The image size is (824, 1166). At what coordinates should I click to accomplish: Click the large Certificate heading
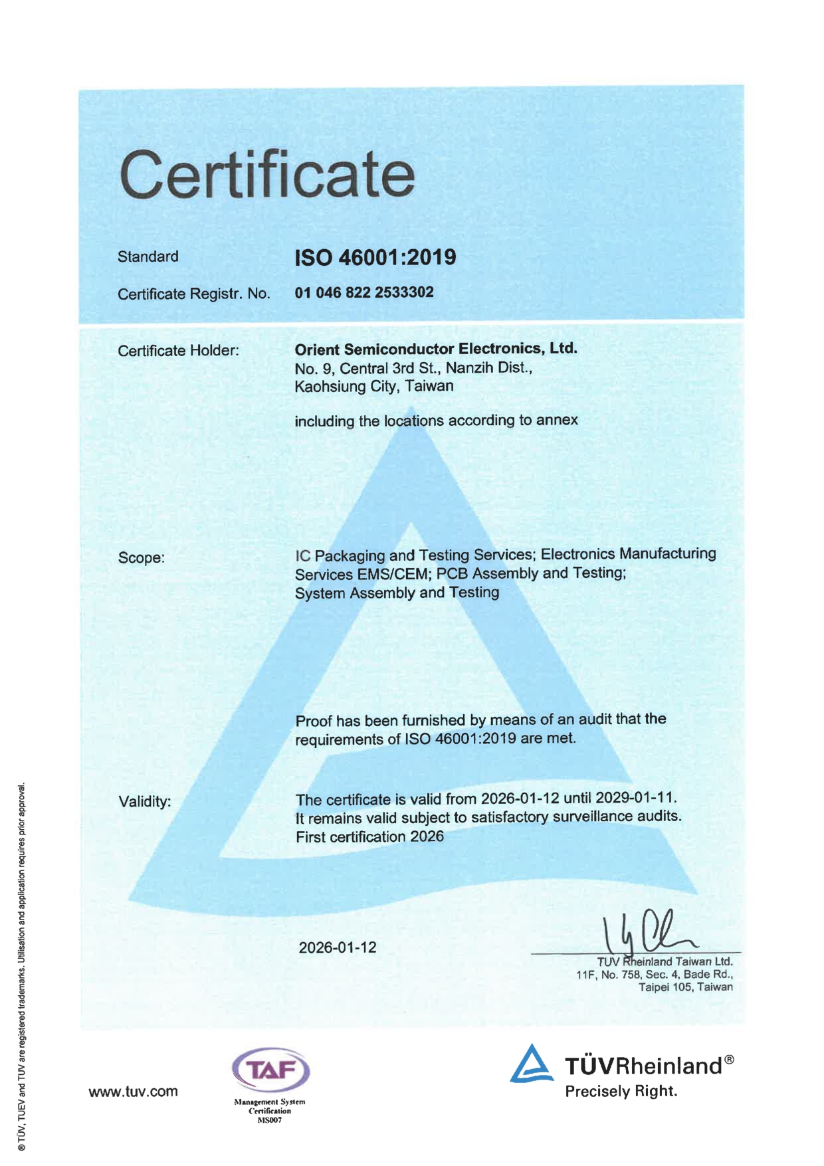tap(267, 174)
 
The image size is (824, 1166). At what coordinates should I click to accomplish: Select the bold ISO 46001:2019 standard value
tap(375, 257)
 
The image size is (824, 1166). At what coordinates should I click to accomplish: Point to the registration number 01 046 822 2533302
tap(364, 292)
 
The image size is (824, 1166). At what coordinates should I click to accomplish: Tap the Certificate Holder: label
tap(178, 351)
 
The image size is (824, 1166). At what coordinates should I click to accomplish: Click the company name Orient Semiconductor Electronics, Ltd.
tap(436, 349)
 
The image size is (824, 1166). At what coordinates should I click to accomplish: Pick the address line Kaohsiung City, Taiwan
tap(374, 386)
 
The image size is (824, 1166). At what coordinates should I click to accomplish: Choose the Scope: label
tap(142, 557)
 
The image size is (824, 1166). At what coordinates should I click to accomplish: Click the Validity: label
tap(145, 801)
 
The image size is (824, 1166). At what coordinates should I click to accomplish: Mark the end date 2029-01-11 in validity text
tap(635, 797)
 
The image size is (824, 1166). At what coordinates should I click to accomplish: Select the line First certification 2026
tap(369, 836)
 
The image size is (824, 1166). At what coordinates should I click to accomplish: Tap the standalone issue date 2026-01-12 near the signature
tap(338, 947)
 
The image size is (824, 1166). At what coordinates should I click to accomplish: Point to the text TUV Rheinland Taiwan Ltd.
tap(665, 961)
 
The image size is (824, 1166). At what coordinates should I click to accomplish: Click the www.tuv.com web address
tap(134, 1092)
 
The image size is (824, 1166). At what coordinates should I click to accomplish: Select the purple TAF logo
tap(270, 1070)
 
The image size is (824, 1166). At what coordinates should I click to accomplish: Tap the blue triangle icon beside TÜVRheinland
tap(532, 1064)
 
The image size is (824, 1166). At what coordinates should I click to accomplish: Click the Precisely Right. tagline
tap(621, 1091)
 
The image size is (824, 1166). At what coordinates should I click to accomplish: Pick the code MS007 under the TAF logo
tap(270, 1120)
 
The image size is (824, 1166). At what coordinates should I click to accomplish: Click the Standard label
tap(148, 256)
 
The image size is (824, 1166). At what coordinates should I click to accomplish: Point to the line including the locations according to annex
tap(436, 421)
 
